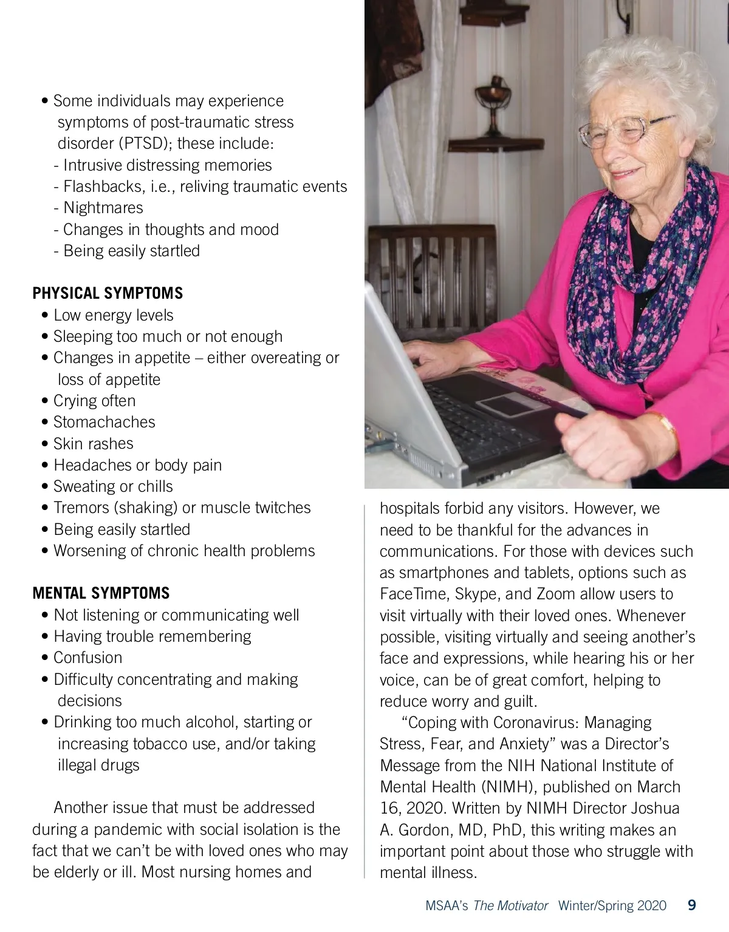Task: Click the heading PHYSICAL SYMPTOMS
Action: tap(108, 293)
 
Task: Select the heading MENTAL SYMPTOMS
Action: tap(101, 593)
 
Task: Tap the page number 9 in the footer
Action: tap(691, 905)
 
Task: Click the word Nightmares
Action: tap(103, 208)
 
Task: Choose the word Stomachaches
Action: tap(104, 422)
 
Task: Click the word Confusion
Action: tap(88, 658)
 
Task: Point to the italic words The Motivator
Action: tap(510, 906)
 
